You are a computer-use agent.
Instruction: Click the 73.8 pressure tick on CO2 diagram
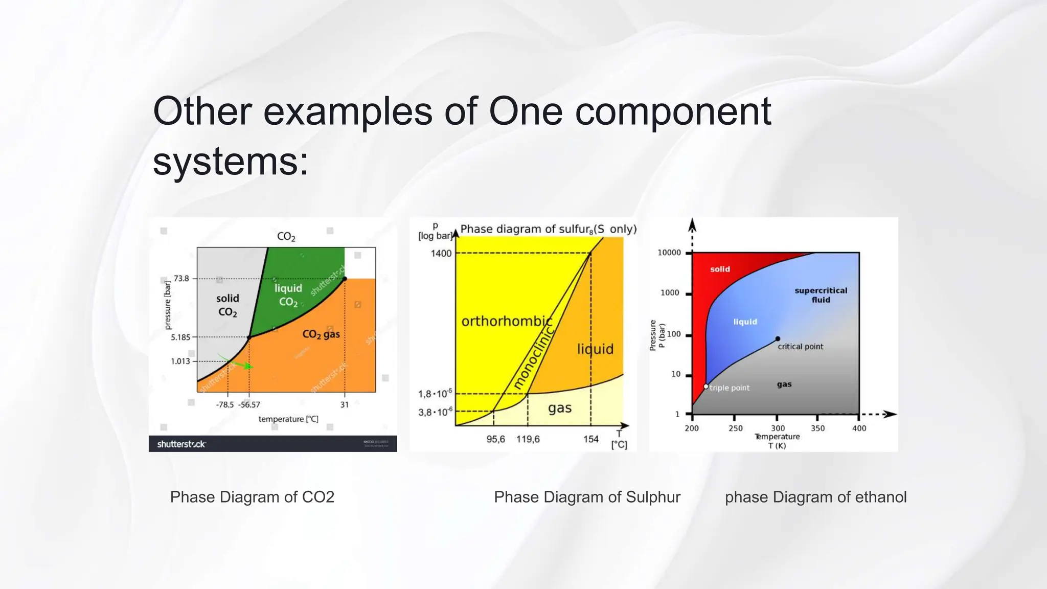point(181,279)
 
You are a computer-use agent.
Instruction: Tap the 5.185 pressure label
point(180,337)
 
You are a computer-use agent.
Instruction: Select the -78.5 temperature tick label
point(225,404)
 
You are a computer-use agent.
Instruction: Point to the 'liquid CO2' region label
point(288,295)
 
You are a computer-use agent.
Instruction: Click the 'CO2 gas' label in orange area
point(321,334)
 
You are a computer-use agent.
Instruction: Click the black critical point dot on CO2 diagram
point(345,279)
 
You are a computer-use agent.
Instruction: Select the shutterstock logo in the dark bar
point(181,444)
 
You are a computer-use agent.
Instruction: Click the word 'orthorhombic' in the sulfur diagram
point(506,322)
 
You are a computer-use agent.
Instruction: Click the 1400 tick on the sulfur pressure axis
point(441,254)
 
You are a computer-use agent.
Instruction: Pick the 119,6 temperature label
point(528,439)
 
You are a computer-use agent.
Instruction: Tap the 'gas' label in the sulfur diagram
point(560,408)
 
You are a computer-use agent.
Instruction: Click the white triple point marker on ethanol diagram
point(706,387)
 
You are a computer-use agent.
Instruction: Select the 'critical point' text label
point(800,347)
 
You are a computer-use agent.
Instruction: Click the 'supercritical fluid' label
point(821,295)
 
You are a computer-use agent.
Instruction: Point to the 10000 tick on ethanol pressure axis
point(669,253)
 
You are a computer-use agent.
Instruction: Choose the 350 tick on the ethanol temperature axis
point(817,428)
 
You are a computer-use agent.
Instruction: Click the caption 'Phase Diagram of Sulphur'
point(587,497)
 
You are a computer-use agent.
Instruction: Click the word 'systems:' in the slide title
point(231,162)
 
